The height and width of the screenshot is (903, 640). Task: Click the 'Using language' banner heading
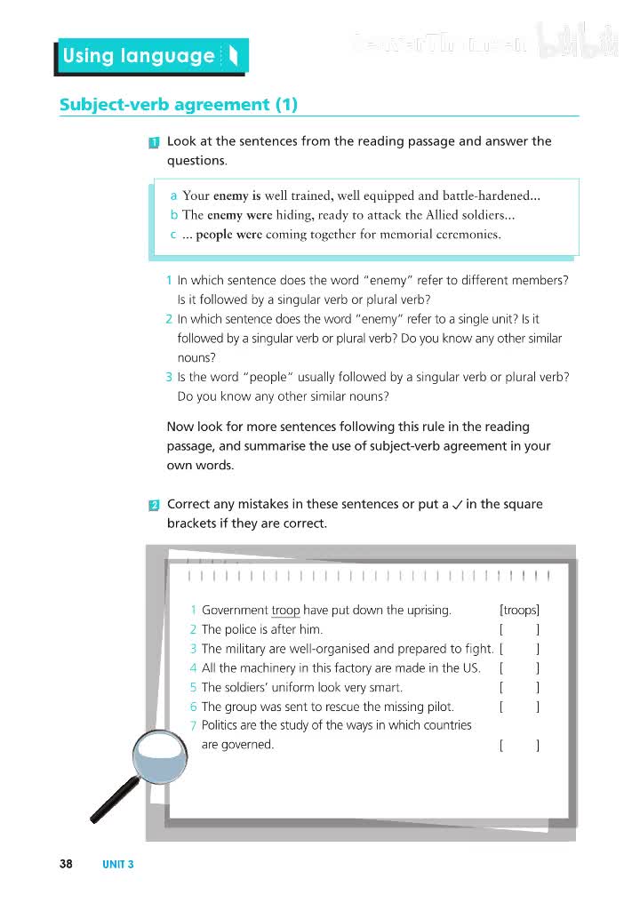tap(139, 56)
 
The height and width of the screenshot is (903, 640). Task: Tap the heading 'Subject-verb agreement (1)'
tap(178, 104)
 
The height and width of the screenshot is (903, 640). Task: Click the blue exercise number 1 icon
tap(154, 142)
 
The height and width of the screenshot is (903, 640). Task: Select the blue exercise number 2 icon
tap(154, 506)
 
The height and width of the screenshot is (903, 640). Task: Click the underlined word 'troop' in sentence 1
tap(285, 610)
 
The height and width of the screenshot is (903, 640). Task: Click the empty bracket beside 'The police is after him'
tap(520, 629)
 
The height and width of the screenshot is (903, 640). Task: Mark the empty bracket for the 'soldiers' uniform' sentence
tap(520, 687)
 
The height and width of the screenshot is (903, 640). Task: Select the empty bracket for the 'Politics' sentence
tap(520, 745)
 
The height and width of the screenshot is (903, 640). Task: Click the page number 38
tap(66, 863)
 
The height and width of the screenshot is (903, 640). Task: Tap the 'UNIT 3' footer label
tap(118, 863)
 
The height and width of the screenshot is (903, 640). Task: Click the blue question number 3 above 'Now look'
tap(169, 377)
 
